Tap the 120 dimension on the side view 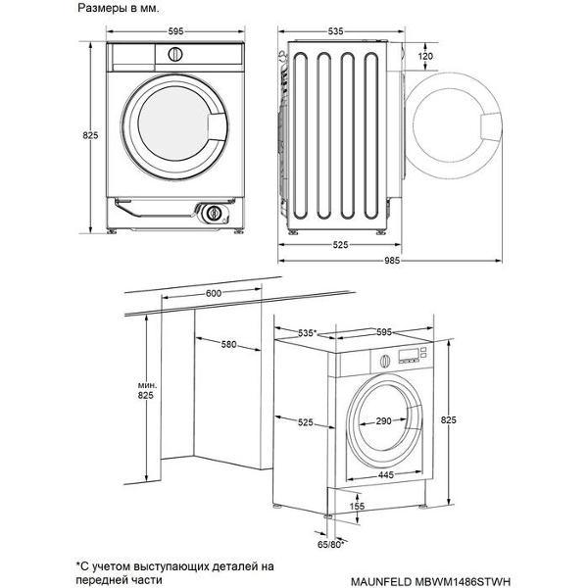[x=425, y=57]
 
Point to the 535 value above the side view [x=335, y=31]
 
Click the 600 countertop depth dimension [x=214, y=294]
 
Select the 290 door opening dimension [x=383, y=421]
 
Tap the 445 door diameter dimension [x=387, y=474]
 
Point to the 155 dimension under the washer [x=358, y=507]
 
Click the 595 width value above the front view [x=175, y=31]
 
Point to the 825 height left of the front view [x=90, y=136]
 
